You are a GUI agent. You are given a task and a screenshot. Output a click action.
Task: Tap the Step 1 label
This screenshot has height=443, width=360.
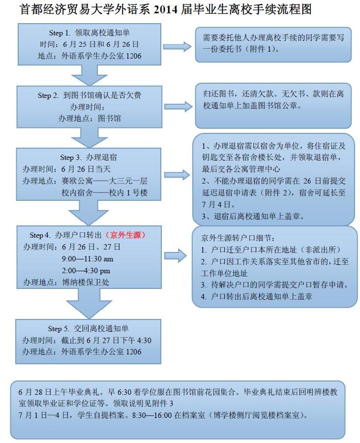pos(60,33)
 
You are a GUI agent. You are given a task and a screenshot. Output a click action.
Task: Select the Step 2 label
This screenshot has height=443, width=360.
pos(48,95)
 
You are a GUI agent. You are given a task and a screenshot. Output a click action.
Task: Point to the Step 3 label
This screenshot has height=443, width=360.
pos(71,158)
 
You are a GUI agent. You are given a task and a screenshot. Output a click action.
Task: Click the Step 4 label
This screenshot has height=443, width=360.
pos(40,235)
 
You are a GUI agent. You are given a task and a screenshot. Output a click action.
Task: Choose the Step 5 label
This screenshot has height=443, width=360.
pos(59,329)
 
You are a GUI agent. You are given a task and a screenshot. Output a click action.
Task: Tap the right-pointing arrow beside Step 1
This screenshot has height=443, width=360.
pos(178,47)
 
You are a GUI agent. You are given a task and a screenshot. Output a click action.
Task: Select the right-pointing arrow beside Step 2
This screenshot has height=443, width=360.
pos(179,106)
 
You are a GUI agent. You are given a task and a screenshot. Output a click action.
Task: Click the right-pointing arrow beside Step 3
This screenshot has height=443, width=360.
pos(177,175)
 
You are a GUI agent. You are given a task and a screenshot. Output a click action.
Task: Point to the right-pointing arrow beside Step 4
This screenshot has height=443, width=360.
pos(176,255)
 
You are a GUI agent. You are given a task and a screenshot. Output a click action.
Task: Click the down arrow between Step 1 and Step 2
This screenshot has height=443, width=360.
pos(89,75)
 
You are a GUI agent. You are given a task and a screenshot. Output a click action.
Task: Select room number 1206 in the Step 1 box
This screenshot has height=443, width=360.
pos(133,56)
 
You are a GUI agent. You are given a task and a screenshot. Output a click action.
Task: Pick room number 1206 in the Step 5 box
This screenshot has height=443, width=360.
pos(133,352)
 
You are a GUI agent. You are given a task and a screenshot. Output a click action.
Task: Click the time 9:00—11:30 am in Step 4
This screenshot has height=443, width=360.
pos(88,259)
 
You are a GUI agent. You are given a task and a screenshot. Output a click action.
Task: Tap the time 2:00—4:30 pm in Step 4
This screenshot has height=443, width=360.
pos(86,271)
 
